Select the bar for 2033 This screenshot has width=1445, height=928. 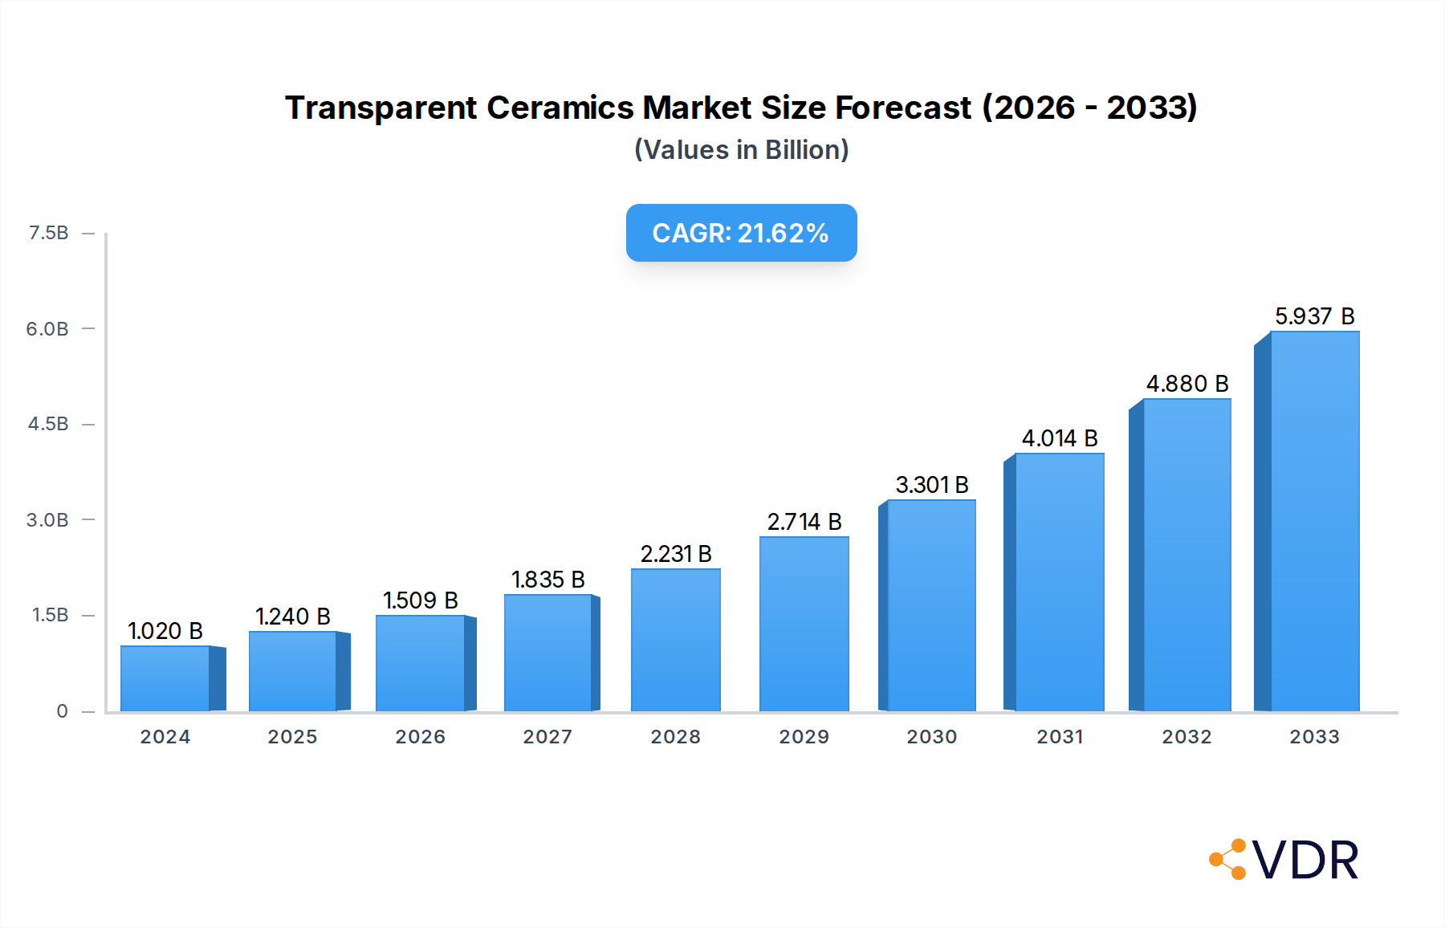pyautogui.click(x=1314, y=522)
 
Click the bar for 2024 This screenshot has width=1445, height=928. pyautogui.click(x=165, y=678)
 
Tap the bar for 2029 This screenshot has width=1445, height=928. pyautogui.click(x=804, y=624)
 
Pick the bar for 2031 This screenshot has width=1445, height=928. pyautogui.click(x=1059, y=582)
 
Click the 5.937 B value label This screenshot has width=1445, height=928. pyautogui.click(x=1314, y=316)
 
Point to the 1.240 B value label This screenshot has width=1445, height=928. pyautogui.click(x=292, y=617)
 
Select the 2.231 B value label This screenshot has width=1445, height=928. pyautogui.click(x=676, y=554)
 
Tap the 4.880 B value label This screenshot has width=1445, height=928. pyautogui.click(x=1187, y=384)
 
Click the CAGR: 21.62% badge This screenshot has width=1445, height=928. pyautogui.click(x=741, y=233)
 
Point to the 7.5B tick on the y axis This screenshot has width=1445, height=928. pyautogui.click(x=48, y=233)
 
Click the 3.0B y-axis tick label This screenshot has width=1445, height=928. pyautogui.click(x=47, y=520)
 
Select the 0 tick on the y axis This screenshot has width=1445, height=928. pyautogui.click(x=62, y=711)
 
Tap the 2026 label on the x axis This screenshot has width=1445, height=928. pyautogui.click(x=420, y=737)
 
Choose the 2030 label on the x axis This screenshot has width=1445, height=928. pyautogui.click(x=931, y=737)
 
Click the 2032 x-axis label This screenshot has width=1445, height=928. pyautogui.click(x=1187, y=737)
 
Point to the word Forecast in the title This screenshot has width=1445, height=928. pyautogui.click(x=903, y=108)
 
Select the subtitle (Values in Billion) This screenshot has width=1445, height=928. pyautogui.click(x=741, y=150)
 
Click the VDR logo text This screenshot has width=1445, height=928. pyautogui.click(x=1305, y=861)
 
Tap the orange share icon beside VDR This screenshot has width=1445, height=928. pyautogui.click(x=1228, y=860)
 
